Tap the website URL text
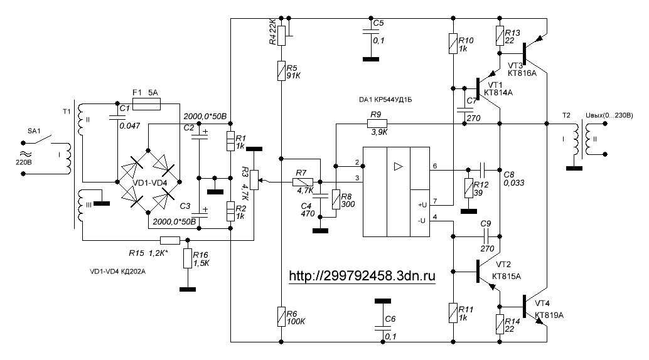click(x=362, y=275)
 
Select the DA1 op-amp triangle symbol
click(x=397, y=167)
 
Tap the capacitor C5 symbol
click(x=371, y=34)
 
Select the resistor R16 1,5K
click(x=186, y=258)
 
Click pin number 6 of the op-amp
click(x=435, y=165)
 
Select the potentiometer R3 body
click(x=254, y=179)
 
